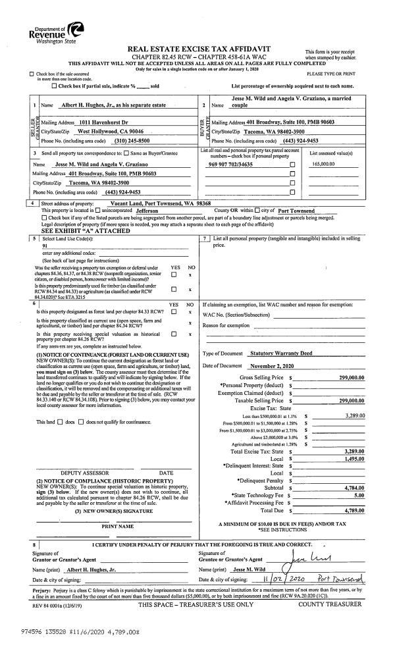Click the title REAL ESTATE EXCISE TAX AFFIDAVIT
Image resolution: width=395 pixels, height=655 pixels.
point(197,49)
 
